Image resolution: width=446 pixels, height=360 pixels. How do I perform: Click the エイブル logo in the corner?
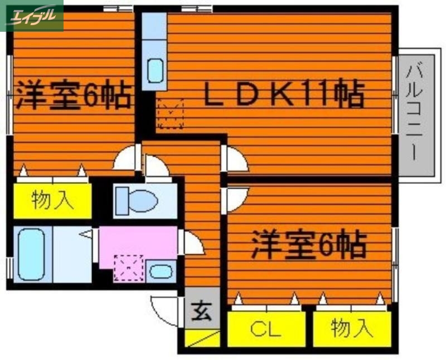click(32, 15)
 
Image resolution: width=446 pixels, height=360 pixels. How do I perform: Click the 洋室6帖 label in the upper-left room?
click(73, 95)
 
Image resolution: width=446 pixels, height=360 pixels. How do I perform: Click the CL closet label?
click(265, 330)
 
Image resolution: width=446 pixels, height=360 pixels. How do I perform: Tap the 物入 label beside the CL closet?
click(351, 329)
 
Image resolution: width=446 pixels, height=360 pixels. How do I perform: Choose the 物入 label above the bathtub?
click(52, 201)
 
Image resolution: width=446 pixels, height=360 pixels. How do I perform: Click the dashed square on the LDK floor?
click(171, 114)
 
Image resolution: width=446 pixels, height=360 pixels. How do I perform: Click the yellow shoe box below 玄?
click(202, 338)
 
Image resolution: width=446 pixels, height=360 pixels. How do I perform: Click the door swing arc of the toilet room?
click(156, 167)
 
